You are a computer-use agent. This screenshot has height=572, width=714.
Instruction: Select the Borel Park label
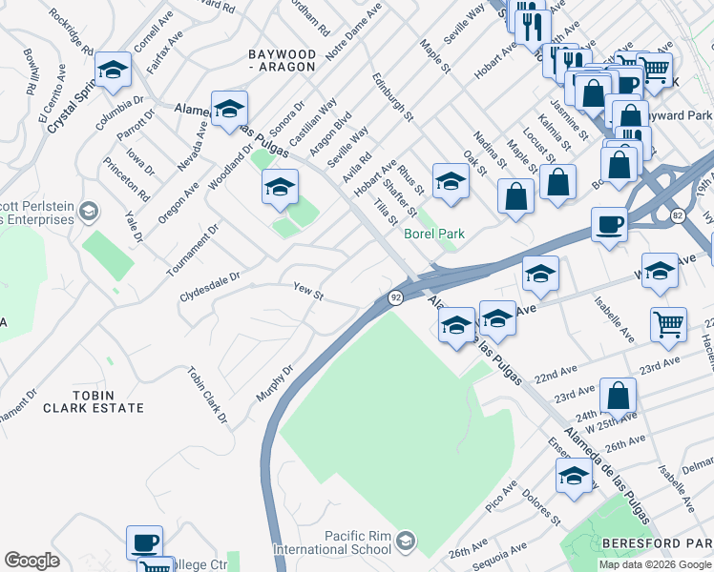tap(434, 233)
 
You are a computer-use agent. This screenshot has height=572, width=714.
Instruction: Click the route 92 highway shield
tap(395, 297)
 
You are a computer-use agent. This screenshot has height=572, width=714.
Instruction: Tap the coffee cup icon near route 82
tap(609, 226)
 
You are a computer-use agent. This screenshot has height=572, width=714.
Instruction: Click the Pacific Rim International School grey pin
tap(406, 541)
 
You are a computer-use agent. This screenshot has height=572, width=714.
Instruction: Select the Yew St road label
tap(308, 291)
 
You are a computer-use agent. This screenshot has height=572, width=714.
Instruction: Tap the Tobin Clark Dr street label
tap(208, 395)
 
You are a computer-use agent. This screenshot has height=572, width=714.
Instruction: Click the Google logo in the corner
tap(31, 561)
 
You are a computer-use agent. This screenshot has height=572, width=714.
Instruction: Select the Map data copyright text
tap(654, 564)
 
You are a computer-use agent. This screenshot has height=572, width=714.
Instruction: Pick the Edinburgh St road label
tap(393, 96)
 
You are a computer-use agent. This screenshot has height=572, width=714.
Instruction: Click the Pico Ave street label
tap(501, 497)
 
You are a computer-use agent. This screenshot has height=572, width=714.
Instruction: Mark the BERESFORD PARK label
tap(657, 542)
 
